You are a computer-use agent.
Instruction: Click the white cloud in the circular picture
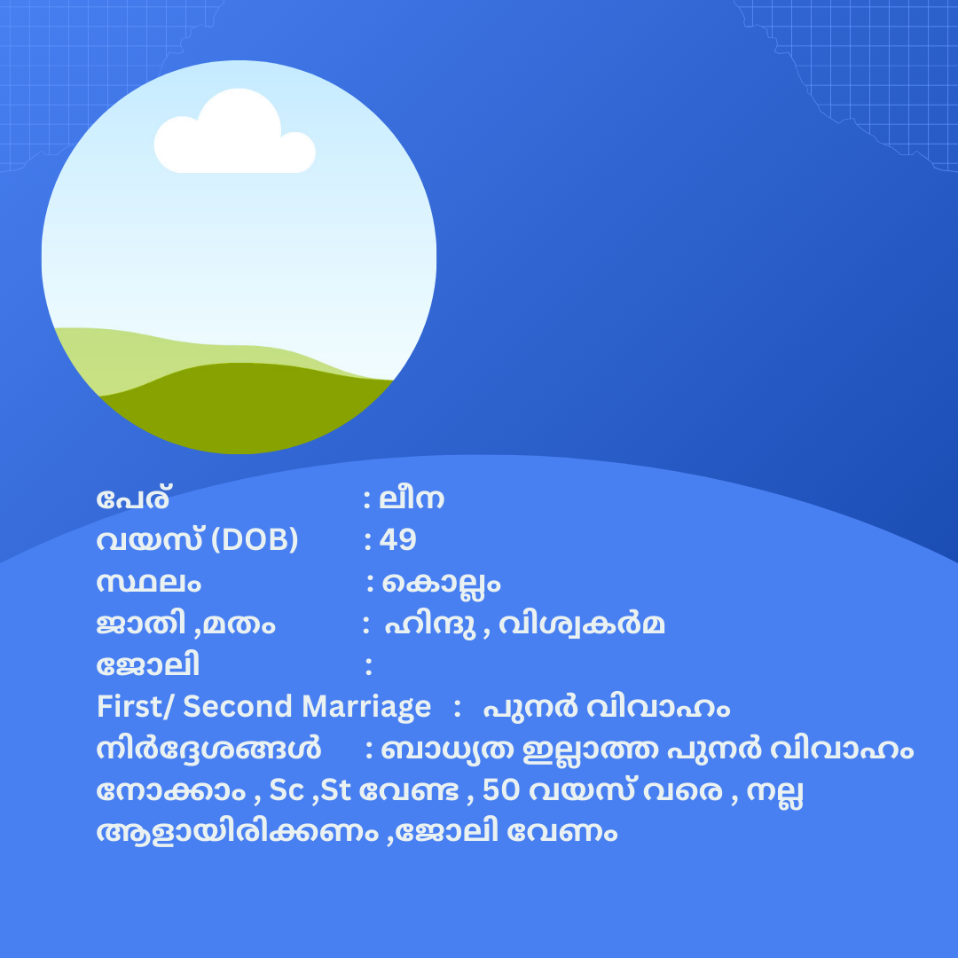click(x=234, y=133)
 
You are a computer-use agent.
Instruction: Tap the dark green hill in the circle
click(x=245, y=406)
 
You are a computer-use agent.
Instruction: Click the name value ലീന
click(x=412, y=499)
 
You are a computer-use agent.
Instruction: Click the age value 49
click(x=397, y=540)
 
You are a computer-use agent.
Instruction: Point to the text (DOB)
click(x=255, y=540)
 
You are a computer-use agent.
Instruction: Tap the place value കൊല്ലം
click(x=441, y=584)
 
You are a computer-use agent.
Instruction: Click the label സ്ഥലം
click(x=148, y=582)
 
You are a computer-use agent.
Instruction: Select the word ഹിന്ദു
click(x=430, y=625)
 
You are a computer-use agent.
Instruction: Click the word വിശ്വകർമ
click(x=582, y=624)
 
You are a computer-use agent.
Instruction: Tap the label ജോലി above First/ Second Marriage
click(x=148, y=665)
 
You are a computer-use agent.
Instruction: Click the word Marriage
click(x=366, y=708)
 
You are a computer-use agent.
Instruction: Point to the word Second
click(x=238, y=706)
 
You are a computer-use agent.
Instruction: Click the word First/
click(x=137, y=706)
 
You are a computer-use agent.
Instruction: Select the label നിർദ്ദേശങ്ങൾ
click(x=209, y=749)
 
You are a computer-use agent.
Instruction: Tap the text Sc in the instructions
click(x=287, y=790)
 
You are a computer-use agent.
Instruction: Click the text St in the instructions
click(x=335, y=790)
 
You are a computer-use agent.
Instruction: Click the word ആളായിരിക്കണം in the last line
click(x=238, y=832)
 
